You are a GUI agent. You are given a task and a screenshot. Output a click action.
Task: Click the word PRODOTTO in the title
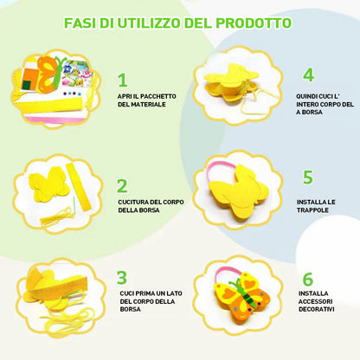[x=254, y=23]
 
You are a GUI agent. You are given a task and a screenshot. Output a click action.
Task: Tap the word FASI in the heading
[x=80, y=23]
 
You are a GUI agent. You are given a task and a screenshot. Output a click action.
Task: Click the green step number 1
[x=123, y=80]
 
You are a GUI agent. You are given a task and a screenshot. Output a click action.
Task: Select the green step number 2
[x=122, y=186]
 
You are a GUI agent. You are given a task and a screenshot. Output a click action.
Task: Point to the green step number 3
[x=122, y=278]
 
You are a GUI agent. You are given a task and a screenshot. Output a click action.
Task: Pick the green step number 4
[x=308, y=75]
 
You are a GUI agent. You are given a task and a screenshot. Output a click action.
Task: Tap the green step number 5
[x=308, y=177]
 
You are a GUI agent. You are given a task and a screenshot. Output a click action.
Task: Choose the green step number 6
[x=308, y=279]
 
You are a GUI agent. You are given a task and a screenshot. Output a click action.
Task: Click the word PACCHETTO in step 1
[x=158, y=96]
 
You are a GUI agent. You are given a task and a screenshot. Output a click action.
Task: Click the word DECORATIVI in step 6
[x=317, y=310]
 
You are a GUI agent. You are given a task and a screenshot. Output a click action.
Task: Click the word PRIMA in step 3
[x=145, y=293]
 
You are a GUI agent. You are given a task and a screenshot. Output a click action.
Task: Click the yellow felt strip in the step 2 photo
[x=79, y=186]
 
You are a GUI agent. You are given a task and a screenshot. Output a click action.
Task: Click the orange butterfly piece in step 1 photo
[x=47, y=74]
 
